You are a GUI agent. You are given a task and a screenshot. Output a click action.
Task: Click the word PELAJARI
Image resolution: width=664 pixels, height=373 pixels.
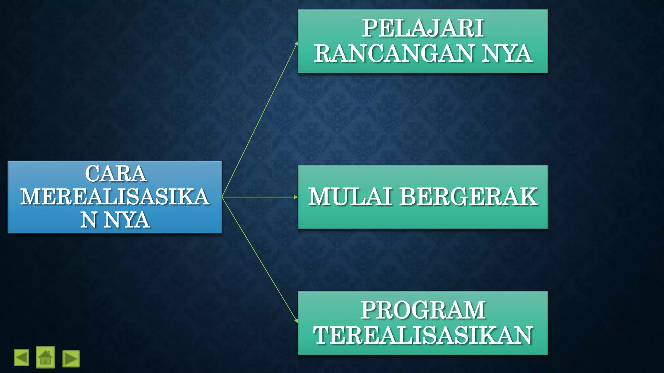(x=423, y=28)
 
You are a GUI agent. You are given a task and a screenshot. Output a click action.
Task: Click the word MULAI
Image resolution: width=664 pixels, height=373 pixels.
(x=350, y=197)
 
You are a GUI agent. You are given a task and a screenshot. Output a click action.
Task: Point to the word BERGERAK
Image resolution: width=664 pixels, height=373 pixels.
(x=468, y=197)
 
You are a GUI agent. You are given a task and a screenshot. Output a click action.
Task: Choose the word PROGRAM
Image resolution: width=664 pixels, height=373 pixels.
(x=423, y=310)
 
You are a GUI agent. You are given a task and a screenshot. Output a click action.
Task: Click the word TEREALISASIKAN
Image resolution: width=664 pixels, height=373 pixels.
(x=423, y=335)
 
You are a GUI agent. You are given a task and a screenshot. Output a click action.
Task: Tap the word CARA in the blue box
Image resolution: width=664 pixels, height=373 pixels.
(x=115, y=174)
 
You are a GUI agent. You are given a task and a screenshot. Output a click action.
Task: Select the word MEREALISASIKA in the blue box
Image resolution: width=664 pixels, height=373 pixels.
(x=115, y=197)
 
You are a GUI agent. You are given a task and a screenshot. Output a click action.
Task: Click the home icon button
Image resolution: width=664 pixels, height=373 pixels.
(x=45, y=357)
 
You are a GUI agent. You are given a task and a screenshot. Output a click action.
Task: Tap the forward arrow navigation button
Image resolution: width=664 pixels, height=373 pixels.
(x=71, y=359)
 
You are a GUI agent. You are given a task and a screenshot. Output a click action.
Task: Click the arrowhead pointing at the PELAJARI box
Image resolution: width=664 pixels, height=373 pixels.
(x=296, y=43)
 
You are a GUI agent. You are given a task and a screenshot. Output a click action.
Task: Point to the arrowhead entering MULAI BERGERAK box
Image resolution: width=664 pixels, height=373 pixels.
(x=296, y=197)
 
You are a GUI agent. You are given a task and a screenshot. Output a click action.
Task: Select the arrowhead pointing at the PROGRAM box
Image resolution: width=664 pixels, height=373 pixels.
(x=296, y=320)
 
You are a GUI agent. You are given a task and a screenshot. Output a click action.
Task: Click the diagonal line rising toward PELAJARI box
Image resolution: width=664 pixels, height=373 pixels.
(x=259, y=120)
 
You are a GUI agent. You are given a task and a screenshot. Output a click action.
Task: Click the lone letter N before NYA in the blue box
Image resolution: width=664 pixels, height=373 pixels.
(x=89, y=220)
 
